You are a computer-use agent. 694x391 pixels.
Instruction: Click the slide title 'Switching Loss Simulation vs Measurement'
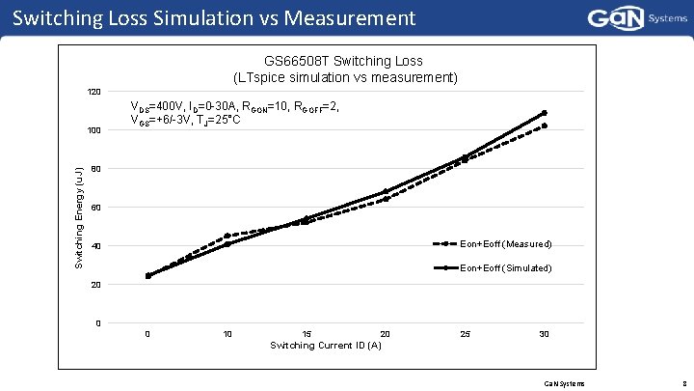(x=215, y=17)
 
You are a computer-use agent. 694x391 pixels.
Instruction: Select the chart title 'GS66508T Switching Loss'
(x=343, y=62)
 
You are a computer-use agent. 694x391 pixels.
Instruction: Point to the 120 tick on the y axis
(x=93, y=92)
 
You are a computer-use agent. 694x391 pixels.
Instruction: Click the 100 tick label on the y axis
(x=93, y=130)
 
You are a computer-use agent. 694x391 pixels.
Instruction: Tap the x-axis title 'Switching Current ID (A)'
(x=326, y=346)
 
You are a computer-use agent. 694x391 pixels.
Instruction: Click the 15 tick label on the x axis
(x=307, y=334)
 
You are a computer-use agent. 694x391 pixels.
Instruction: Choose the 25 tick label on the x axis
(x=466, y=334)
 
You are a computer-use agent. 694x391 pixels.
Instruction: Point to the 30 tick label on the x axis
(x=545, y=334)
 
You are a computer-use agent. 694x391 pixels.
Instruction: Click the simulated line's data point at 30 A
(x=545, y=113)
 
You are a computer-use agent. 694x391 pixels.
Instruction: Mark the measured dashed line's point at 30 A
(x=545, y=126)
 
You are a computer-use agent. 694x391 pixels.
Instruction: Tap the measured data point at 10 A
(x=227, y=236)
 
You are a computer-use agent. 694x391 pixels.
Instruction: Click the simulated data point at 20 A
(x=386, y=191)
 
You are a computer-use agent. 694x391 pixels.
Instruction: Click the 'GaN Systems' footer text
(x=565, y=383)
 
